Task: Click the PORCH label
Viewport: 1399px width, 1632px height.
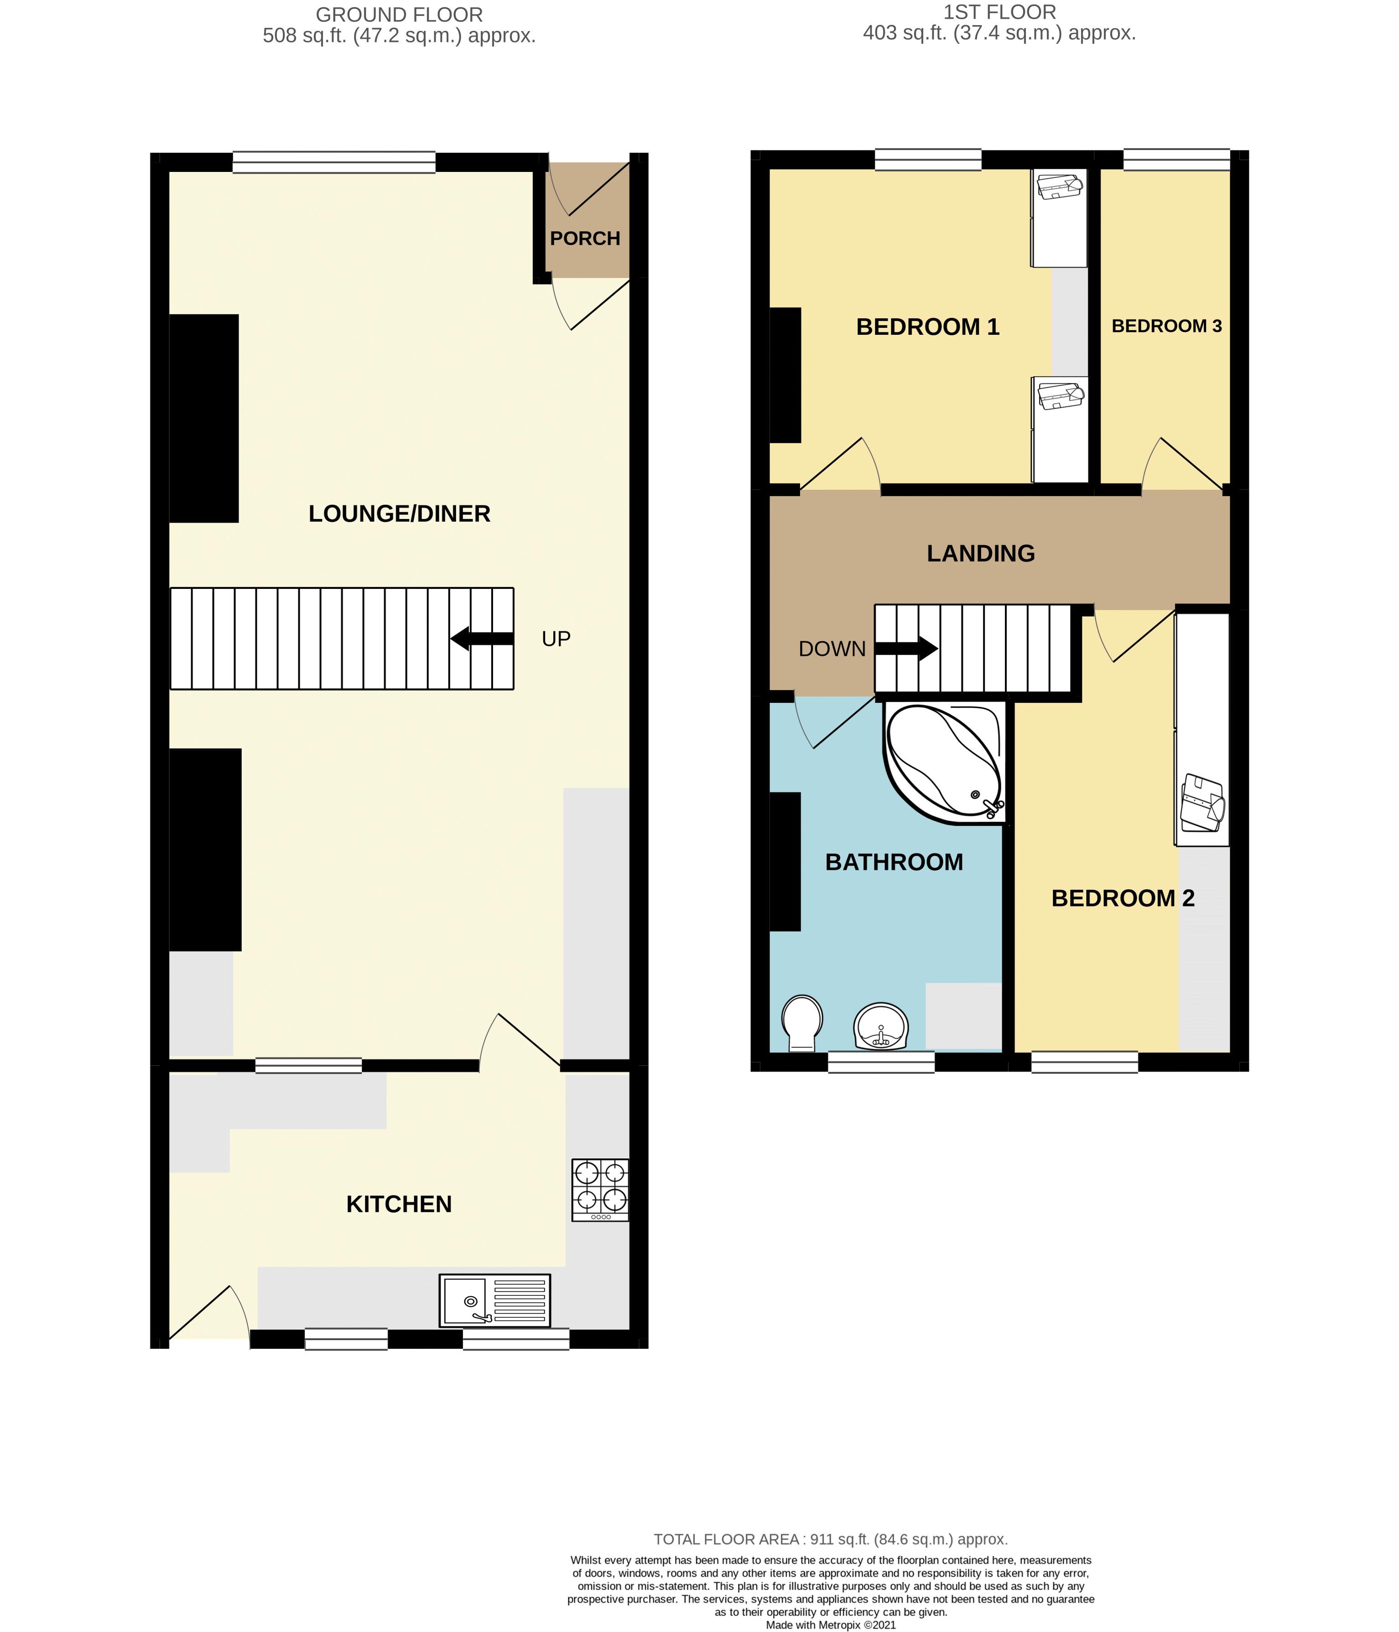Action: tap(584, 238)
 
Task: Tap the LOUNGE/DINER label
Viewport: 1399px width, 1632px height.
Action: tap(400, 514)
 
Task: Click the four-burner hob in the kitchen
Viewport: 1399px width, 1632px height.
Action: tap(600, 1190)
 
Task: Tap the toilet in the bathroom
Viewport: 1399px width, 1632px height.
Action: tap(802, 1022)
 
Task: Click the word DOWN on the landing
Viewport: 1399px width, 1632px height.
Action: tap(832, 649)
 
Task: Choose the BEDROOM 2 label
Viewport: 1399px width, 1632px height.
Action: tap(1123, 898)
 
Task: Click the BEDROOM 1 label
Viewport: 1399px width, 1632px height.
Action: tap(927, 327)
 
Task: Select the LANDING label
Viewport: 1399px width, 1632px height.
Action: tap(981, 554)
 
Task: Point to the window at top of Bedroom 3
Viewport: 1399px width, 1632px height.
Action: tap(1176, 160)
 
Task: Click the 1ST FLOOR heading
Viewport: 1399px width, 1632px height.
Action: tap(999, 13)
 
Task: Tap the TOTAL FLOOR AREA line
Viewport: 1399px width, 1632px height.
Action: tap(830, 1539)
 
